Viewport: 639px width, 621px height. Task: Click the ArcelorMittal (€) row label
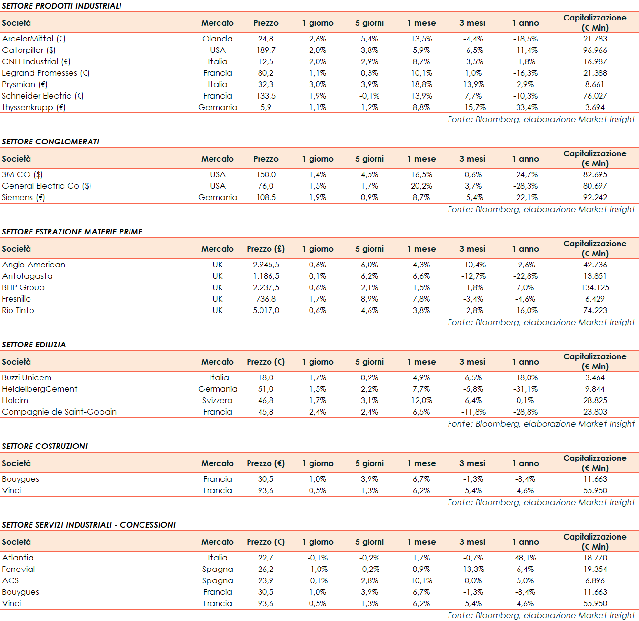point(34,39)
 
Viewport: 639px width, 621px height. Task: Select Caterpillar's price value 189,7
point(266,50)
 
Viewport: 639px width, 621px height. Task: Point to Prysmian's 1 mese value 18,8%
point(421,84)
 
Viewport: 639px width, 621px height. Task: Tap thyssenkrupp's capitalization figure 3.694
point(595,107)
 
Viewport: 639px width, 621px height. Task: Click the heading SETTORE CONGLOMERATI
point(50,142)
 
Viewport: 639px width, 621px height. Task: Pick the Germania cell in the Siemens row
point(218,197)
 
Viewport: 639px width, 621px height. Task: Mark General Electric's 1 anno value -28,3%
point(525,186)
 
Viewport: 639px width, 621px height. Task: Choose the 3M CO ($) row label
point(22,174)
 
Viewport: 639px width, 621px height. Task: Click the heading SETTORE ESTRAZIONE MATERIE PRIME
point(72,232)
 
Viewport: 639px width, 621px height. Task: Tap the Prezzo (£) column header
point(266,249)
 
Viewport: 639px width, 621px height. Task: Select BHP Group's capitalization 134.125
point(595,287)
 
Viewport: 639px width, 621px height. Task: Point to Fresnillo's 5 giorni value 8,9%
point(369,299)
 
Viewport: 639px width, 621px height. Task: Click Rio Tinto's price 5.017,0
point(266,310)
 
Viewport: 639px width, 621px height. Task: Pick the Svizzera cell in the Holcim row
point(218,400)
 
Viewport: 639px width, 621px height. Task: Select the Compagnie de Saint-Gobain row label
point(60,412)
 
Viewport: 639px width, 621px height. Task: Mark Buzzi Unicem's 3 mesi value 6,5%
point(473,377)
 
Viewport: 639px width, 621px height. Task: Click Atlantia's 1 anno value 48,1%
point(525,558)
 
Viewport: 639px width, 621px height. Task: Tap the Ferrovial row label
point(19,569)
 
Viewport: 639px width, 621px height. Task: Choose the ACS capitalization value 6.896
point(595,580)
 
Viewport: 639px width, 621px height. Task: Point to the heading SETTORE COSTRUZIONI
point(45,446)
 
